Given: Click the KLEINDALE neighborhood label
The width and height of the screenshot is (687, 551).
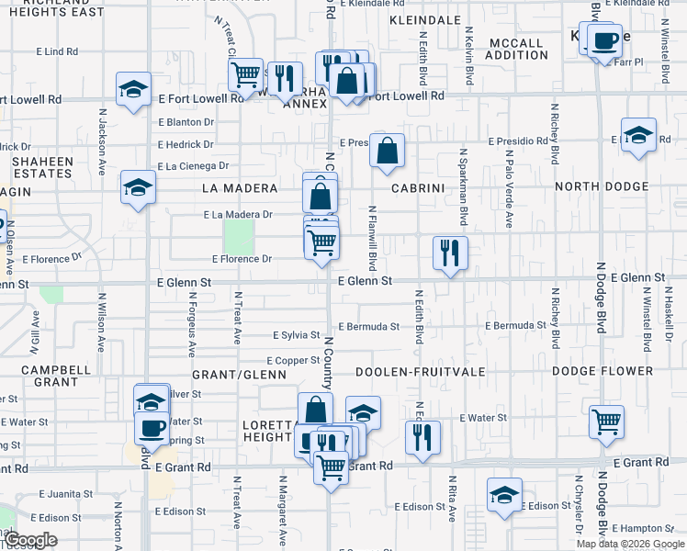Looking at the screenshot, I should click(x=424, y=19).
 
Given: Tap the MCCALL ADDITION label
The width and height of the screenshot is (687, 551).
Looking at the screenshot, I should click(x=518, y=49).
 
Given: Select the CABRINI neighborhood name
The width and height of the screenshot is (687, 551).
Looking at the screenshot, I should click(x=418, y=187).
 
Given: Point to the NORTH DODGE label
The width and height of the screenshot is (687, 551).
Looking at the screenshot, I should click(x=602, y=187).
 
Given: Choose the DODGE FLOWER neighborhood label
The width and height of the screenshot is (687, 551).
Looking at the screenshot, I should click(x=603, y=372).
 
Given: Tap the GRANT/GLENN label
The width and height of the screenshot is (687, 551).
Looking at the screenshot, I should click(x=229, y=375).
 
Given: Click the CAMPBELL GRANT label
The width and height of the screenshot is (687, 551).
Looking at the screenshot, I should click(x=57, y=376).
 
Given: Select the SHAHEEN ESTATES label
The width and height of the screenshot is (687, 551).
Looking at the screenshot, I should click(x=42, y=167).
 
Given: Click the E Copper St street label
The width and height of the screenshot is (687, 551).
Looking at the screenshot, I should click(x=292, y=361).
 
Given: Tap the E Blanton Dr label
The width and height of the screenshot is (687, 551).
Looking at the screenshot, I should click(x=186, y=121).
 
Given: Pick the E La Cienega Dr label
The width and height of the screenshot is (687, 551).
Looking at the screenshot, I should click(x=193, y=166).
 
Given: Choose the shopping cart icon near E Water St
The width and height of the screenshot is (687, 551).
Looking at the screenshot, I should click(x=605, y=421).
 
